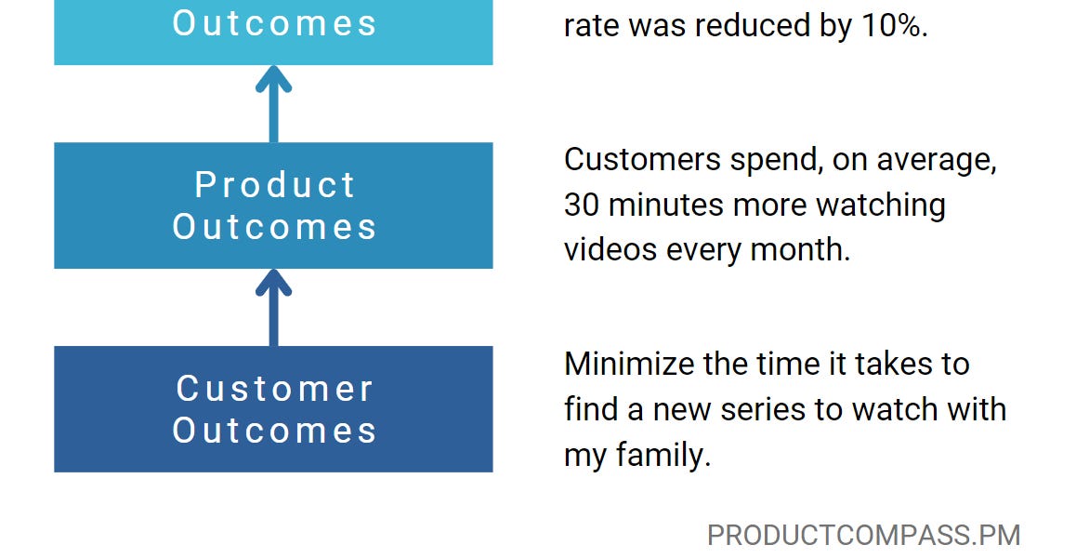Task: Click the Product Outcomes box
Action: point(273,206)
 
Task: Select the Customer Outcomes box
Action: point(273,409)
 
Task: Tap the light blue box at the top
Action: point(273,33)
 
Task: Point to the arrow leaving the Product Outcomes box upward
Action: point(273,104)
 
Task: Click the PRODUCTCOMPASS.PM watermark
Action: point(863,536)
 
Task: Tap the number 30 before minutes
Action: point(583,205)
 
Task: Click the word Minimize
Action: point(629,364)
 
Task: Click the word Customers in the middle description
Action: point(642,160)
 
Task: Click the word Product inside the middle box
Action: point(274,185)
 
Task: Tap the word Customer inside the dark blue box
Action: point(274,389)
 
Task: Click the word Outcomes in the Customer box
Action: point(274,431)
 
